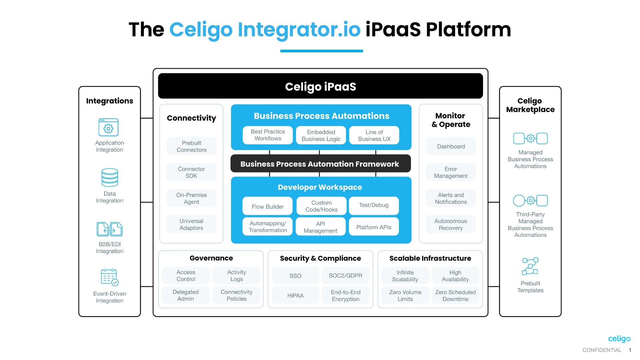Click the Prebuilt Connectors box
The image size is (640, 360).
(191, 146)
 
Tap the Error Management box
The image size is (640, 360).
(451, 172)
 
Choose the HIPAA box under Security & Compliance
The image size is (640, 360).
(295, 295)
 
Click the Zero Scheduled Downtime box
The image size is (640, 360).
(455, 295)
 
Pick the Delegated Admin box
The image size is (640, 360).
(186, 295)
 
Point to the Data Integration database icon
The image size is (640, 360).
(110, 177)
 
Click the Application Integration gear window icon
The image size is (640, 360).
(108, 127)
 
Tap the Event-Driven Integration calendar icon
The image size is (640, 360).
(110, 277)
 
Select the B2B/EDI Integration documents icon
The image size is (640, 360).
(110, 229)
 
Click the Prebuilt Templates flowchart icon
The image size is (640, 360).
(530, 266)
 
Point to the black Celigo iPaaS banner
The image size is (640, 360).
(320, 86)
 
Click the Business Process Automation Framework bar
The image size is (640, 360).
(320, 164)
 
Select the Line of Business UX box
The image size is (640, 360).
(374, 135)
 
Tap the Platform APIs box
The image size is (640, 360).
(374, 227)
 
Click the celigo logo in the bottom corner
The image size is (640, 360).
(619, 339)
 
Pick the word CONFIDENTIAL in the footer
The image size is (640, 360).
(602, 350)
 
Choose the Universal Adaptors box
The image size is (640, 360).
(191, 224)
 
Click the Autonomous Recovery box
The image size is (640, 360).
(451, 224)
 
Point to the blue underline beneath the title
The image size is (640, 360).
(321, 51)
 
